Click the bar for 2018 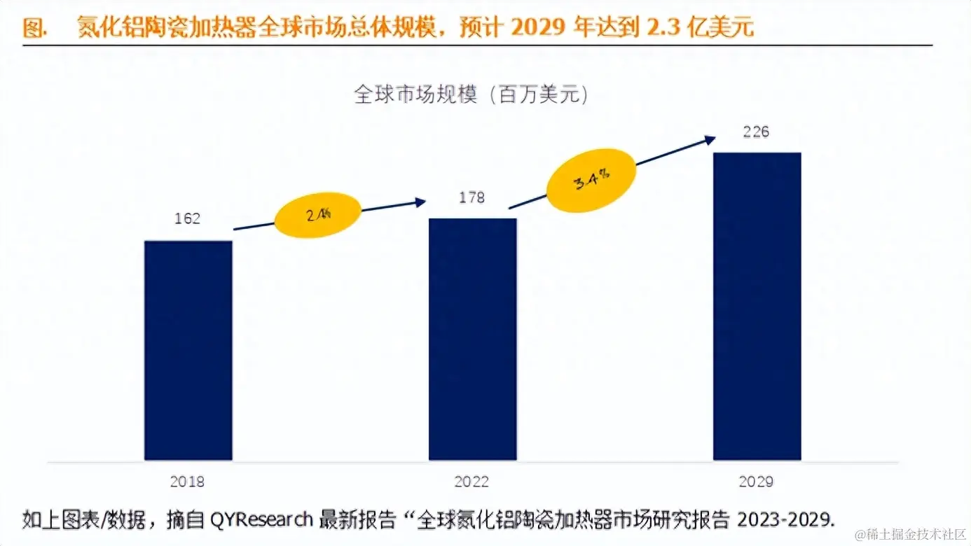point(188,350)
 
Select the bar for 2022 point(472,339)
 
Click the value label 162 point(188,219)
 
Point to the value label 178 point(471,197)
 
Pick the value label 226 point(756,132)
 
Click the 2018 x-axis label point(188,482)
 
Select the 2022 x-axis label point(471,482)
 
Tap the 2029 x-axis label point(756,482)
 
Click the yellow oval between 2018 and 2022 point(318,215)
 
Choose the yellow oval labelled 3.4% point(592,181)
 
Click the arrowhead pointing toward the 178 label point(420,202)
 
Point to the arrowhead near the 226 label point(710,139)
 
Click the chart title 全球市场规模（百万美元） point(471,95)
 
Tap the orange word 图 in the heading point(32,28)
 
